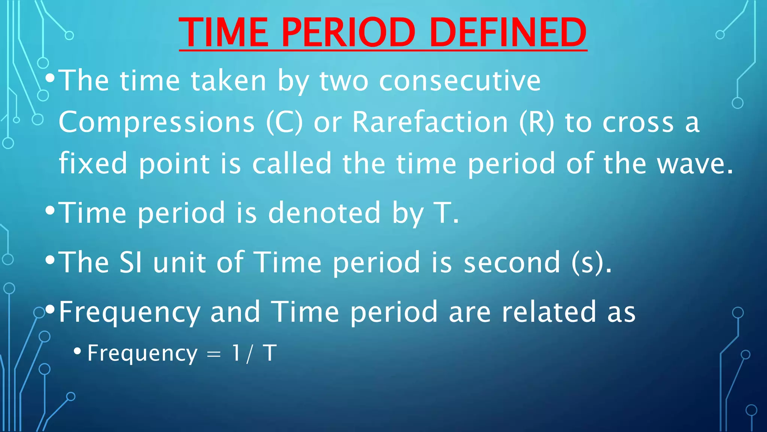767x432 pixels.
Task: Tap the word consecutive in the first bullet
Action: (x=460, y=81)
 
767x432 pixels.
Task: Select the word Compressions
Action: (x=157, y=123)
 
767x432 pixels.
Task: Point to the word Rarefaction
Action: (x=430, y=122)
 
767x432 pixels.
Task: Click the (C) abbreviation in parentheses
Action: (x=284, y=122)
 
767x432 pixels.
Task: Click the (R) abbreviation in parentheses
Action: (x=536, y=122)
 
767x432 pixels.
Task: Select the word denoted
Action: (x=324, y=213)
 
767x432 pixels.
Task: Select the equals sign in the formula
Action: (x=214, y=354)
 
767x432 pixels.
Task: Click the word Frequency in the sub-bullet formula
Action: (x=142, y=353)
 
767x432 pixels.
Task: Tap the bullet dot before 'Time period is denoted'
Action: (x=50, y=210)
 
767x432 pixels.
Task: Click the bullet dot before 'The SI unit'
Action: (x=50, y=259)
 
